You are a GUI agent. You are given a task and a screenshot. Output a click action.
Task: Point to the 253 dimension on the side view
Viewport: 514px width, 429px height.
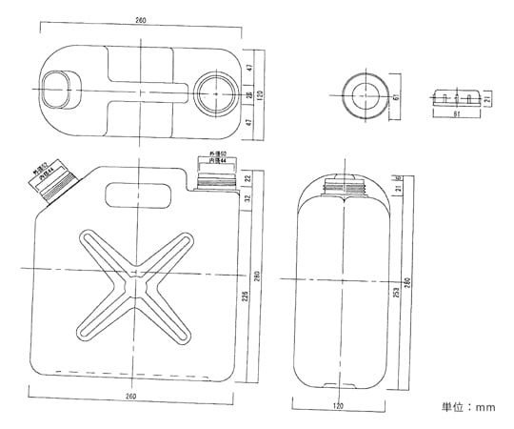[394, 292]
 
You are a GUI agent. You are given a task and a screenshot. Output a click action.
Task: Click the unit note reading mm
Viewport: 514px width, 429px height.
[468, 408]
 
